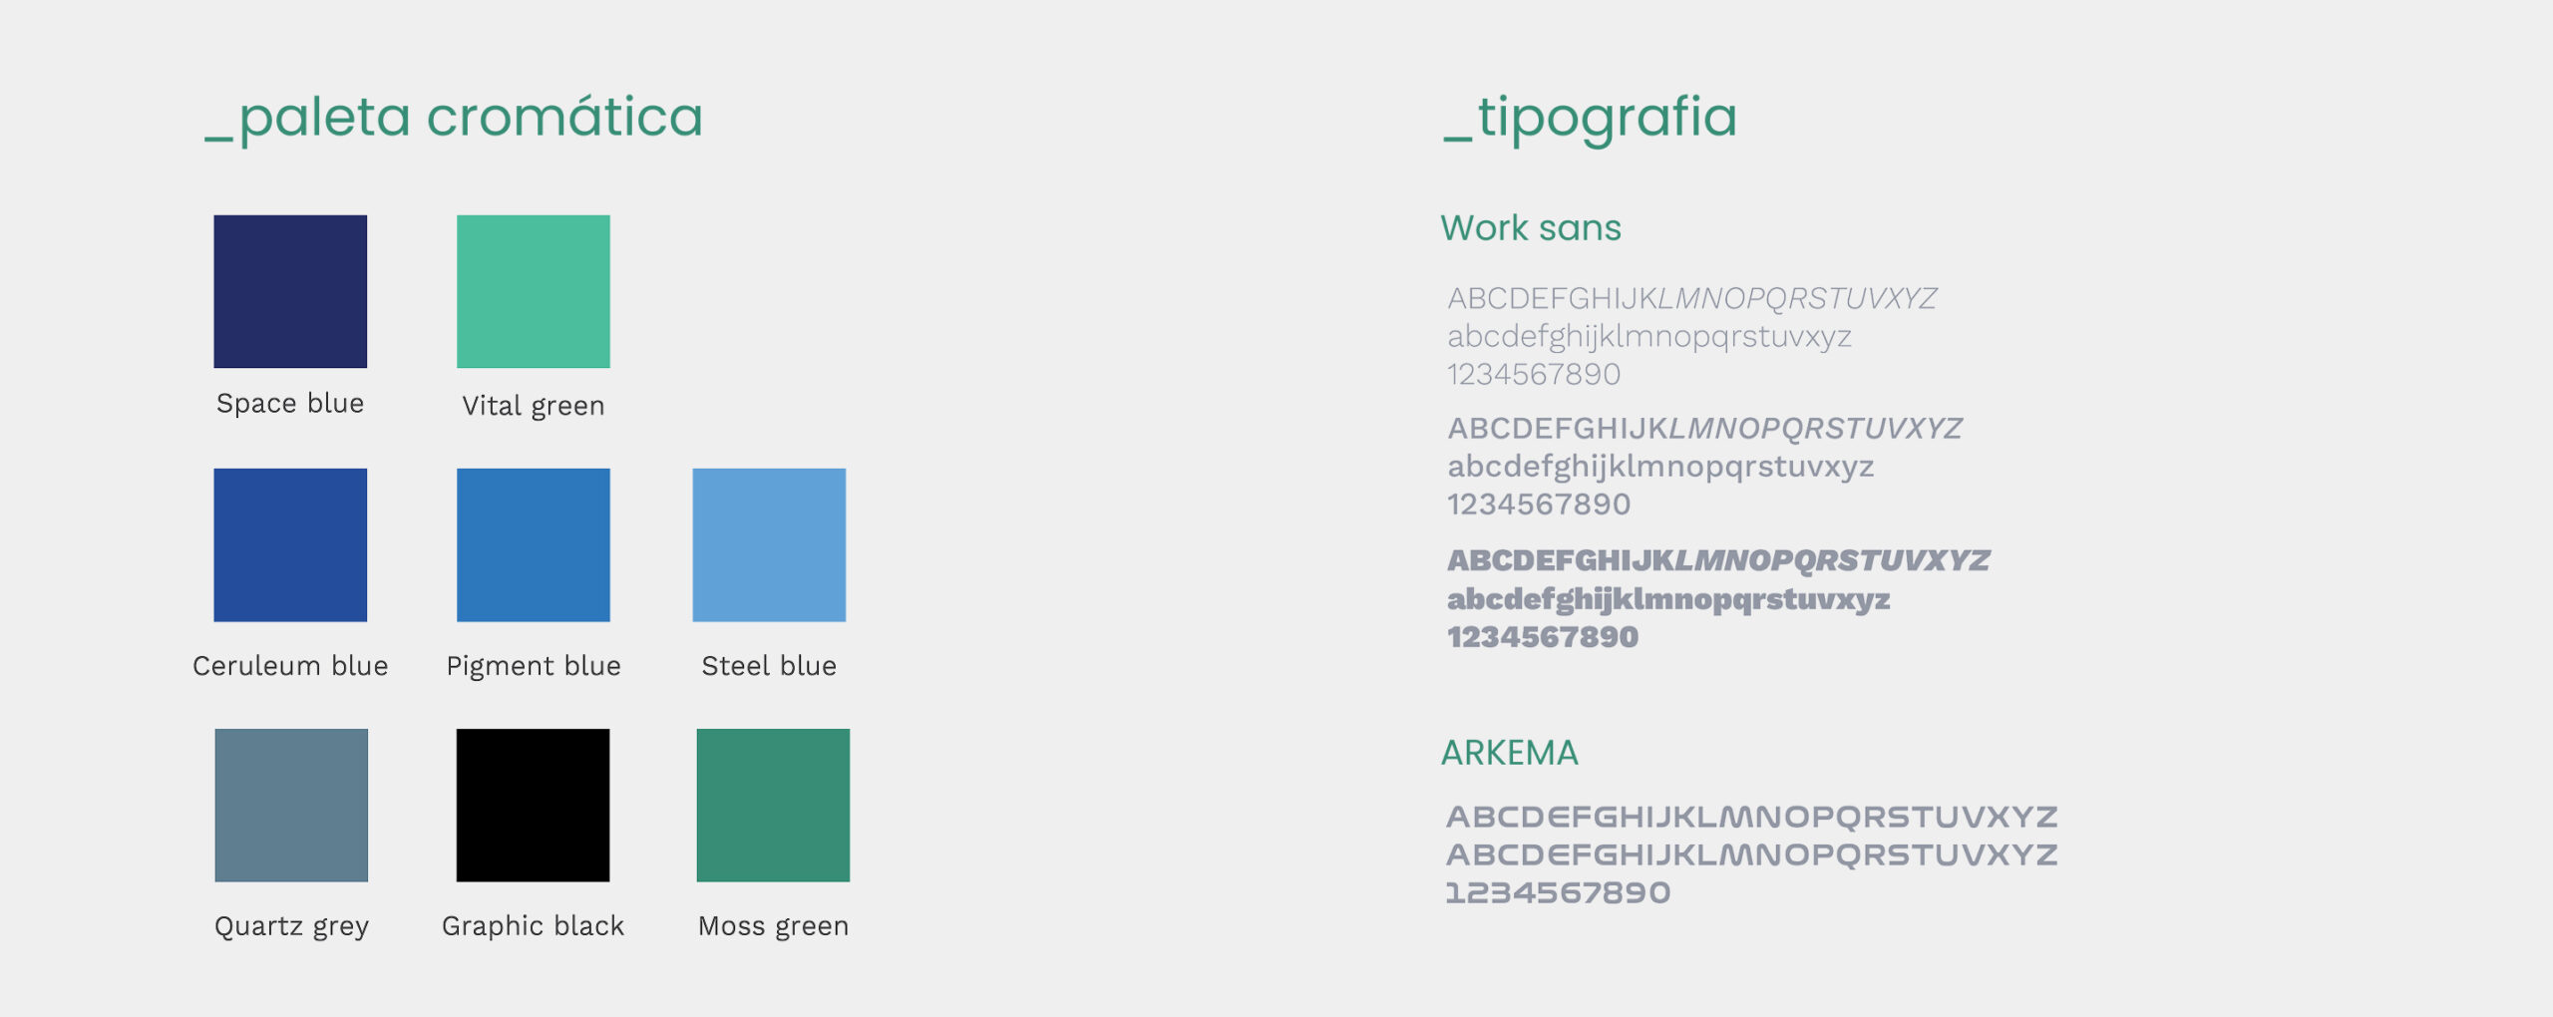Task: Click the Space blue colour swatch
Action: pyautogui.click(x=290, y=291)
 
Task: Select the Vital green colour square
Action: pyautogui.click(x=534, y=291)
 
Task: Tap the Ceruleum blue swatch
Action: pyautogui.click(x=290, y=545)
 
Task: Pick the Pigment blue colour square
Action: pyautogui.click(x=534, y=545)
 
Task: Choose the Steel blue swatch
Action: pyautogui.click(x=769, y=545)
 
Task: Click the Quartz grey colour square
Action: pyautogui.click(x=291, y=806)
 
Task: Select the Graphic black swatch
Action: pyautogui.click(x=534, y=806)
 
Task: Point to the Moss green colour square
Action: pyautogui.click(x=773, y=806)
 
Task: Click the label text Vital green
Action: pyautogui.click(x=534, y=406)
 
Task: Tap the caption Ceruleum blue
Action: pyautogui.click(x=290, y=665)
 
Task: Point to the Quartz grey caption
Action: pyautogui.click(x=291, y=926)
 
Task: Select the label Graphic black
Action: pyautogui.click(x=534, y=926)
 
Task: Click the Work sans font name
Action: pyautogui.click(x=1531, y=228)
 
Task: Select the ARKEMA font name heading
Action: pyautogui.click(x=1510, y=753)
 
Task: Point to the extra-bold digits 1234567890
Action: pyautogui.click(x=1543, y=637)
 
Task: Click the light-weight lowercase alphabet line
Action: pyautogui.click(x=1649, y=337)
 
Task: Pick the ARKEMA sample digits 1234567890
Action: pyautogui.click(x=1558, y=892)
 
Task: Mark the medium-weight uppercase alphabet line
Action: pyautogui.click(x=1705, y=429)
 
